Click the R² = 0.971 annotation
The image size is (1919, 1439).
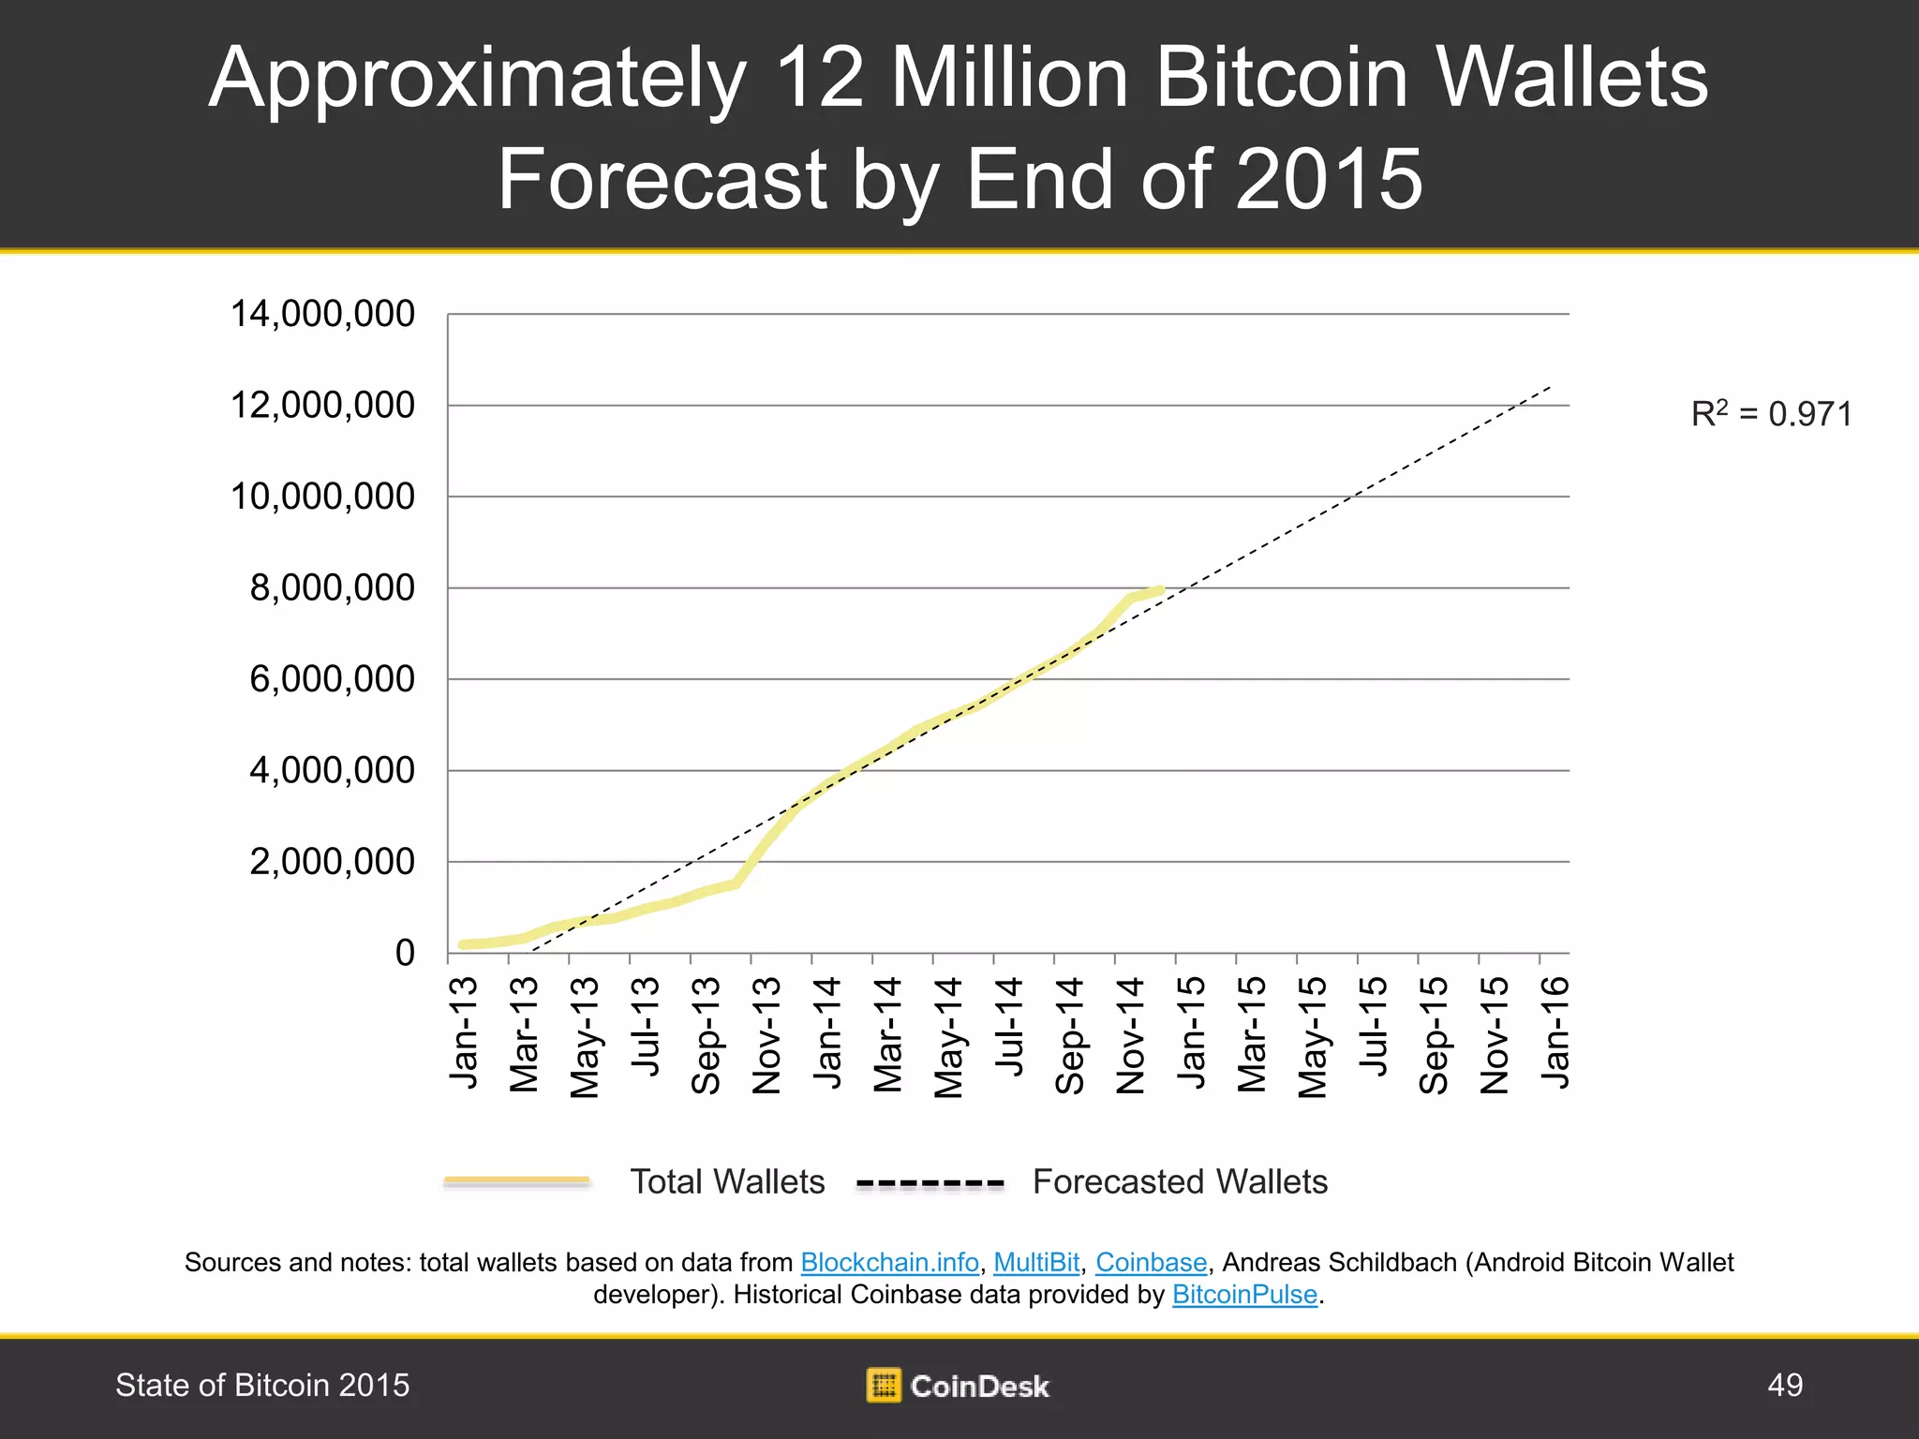point(1771,414)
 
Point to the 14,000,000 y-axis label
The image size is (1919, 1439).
point(322,314)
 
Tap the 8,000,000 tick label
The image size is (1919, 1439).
point(332,588)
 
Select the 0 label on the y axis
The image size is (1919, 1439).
point(405,953)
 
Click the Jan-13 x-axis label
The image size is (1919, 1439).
point(465,1032)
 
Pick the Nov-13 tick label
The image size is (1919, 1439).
point(767,1035)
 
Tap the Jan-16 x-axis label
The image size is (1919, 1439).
point(1555,1031)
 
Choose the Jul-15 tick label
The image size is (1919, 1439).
point(1374,1026)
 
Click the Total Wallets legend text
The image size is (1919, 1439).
point(727,1182)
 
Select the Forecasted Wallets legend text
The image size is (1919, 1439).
point(1180,1182)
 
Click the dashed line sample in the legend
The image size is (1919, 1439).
point(930,1184)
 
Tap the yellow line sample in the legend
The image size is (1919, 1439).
point(517,1182)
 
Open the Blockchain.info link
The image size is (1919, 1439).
point(889,1263)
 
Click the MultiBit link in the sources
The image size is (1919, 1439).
point(1036,1263)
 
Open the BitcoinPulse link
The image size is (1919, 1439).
point(1244,1295)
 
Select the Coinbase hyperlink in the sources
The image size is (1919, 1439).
point(1151,1263)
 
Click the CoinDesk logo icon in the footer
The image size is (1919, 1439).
point(884,1385)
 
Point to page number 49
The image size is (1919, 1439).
point(1784,1385)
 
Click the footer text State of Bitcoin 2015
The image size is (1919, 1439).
point(262,1385)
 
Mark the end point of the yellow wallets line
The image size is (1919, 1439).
point(1161,590)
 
